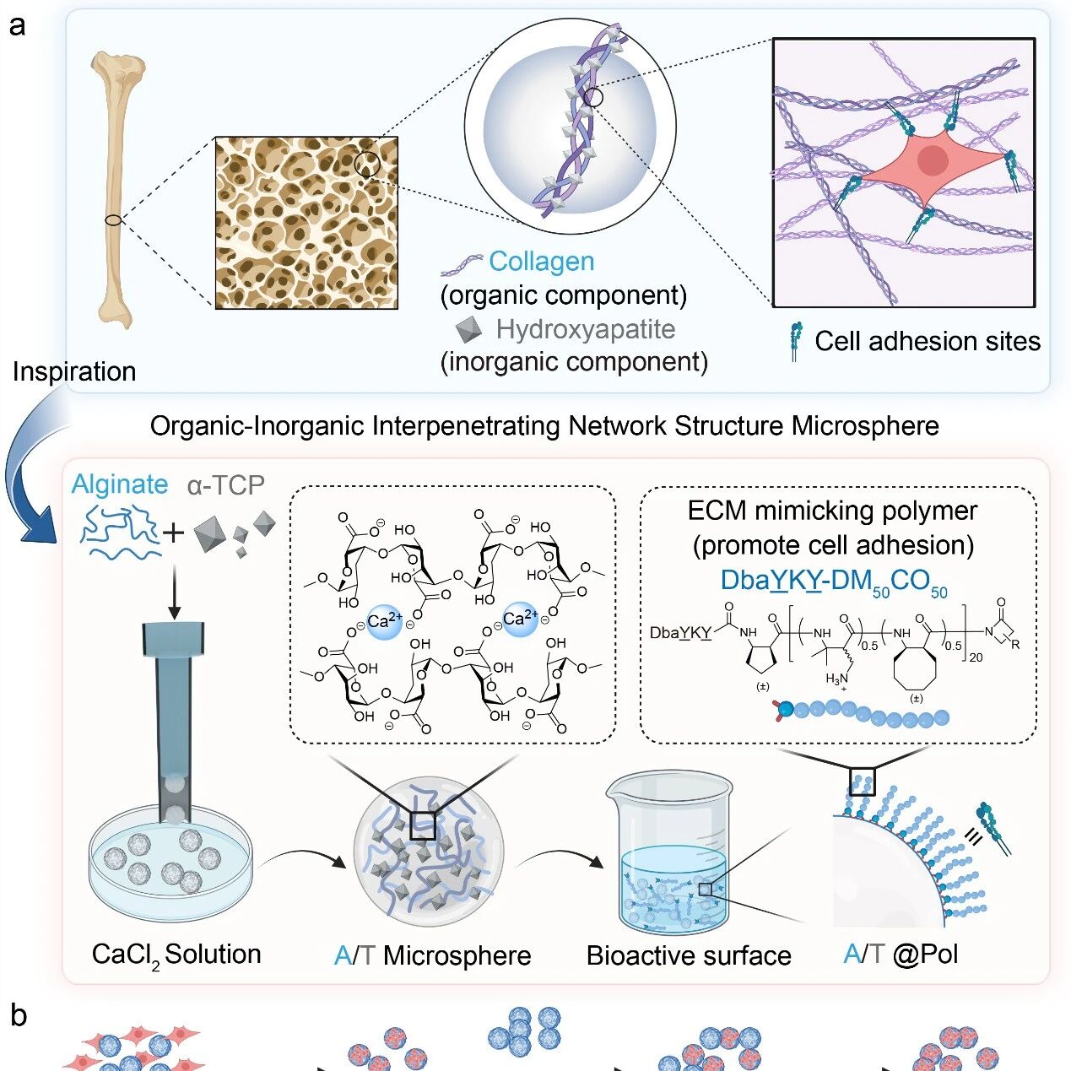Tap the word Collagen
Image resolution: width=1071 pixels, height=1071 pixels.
[x=541, y=262]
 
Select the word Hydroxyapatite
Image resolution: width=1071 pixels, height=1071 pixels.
[x=585, y=328]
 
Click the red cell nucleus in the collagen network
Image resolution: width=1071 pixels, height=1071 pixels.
[x=932, y=160]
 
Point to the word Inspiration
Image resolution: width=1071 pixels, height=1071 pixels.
[x=74, y=371]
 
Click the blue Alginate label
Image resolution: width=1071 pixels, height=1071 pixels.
[x=120, y=484]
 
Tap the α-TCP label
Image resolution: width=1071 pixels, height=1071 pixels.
[x=225, y=485]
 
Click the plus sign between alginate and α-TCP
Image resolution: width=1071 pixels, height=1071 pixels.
[x=174, y=533]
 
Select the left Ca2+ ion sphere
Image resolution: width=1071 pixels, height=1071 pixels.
[x=383, y=621]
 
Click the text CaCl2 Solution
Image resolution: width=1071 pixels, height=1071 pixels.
[x=176, y=955]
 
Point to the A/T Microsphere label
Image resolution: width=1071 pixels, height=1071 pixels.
[x=432, y=955]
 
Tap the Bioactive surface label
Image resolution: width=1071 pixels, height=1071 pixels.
[x=689, y=955]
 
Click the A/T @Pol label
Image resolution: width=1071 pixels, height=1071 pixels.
[x=901, y=955]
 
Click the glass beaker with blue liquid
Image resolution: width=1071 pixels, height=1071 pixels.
[x=668, y=852]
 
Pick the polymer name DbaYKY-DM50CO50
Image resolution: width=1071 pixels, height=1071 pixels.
[x=833, y=581]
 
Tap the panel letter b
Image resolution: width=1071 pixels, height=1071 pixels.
[x=19, y=1015]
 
